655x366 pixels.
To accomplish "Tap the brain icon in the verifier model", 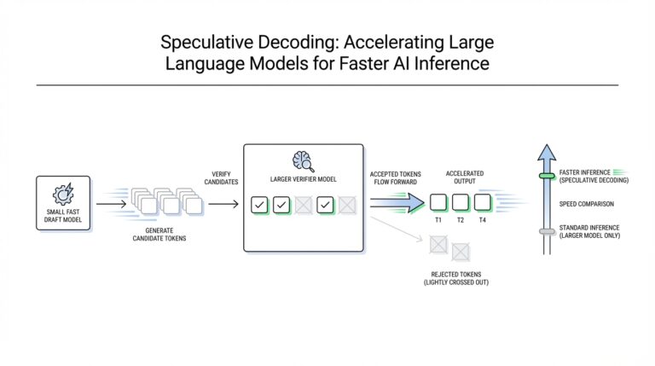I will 302,160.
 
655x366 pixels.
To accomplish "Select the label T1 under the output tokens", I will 438,220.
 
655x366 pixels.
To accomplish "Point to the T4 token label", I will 483,220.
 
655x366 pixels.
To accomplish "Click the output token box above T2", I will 461,202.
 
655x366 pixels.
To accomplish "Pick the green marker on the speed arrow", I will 547,177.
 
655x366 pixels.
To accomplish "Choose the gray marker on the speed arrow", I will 547,231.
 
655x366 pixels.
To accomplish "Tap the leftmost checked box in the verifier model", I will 259,205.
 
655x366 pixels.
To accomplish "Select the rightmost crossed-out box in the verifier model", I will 346,205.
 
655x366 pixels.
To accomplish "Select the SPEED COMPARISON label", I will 588,204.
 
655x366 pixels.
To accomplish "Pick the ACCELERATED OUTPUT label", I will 465,177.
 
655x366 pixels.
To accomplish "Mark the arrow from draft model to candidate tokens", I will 111,204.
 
